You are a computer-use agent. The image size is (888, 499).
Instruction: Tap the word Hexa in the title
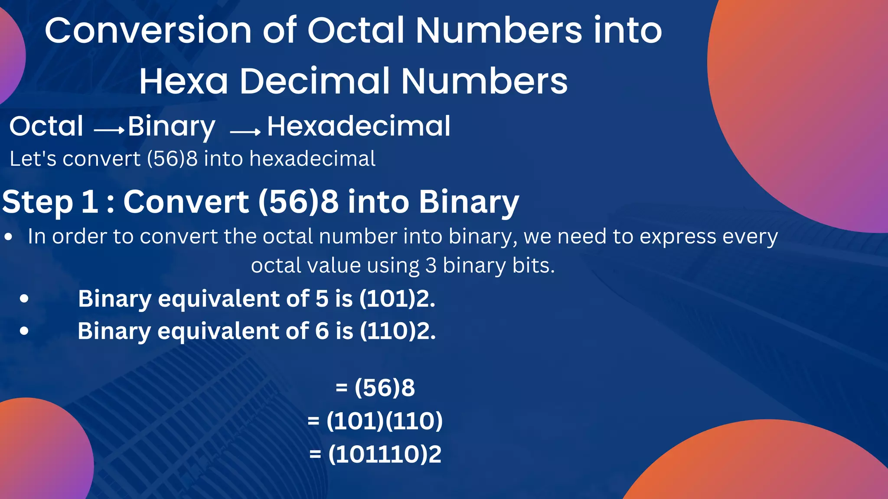pyautogui.click(x=183, y=81)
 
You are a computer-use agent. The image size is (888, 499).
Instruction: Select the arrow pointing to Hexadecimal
pyautogui.click(x=245, y=132)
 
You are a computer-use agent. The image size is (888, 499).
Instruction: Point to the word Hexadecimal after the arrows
pyautogui.click(x=359, y=126)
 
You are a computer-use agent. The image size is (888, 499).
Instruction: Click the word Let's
pyautogui.click(x=33, y=159)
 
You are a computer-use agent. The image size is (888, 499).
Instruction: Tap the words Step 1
pyautogui.click(x=50, y=202)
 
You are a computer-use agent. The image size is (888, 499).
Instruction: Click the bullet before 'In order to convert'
pyautogui.click(x=8, y=237)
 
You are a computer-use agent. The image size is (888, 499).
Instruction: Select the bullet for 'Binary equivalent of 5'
pyautogui.click(x=24, y=299)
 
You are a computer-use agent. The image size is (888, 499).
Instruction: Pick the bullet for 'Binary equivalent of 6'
pyautogui.click(x=24, y=331)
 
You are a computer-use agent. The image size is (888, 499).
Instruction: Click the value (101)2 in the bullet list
pyautogui.click(x=396, y=299)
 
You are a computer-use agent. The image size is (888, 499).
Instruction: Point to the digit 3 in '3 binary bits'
pyautogui.click(x=431, y=266)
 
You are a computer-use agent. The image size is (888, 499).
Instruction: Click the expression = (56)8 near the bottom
pyautogui.click(x=375, y=387)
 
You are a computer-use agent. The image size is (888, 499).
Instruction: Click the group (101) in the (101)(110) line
pyautogui.click(x=355, y=421)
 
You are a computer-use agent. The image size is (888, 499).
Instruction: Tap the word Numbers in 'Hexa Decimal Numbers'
pyautogui.click(x=484, y=81)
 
